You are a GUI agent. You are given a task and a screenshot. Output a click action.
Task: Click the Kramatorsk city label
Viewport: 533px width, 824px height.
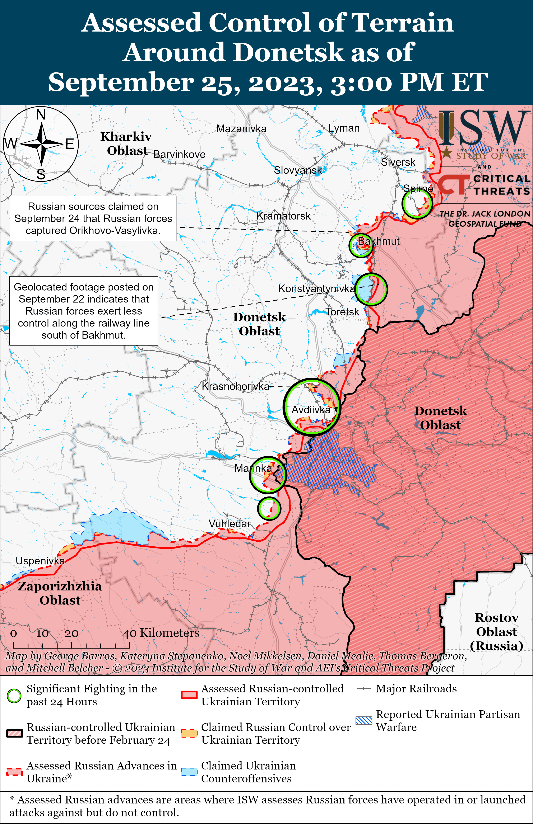(x=283, y=216)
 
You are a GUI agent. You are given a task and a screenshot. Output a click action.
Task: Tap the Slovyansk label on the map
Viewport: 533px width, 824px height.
(x=298, y=170)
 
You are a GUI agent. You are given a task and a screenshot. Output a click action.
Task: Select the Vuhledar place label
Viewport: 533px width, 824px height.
(x=230, y=523)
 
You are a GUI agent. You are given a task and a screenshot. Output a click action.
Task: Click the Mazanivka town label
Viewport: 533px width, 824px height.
(x=241, y=129)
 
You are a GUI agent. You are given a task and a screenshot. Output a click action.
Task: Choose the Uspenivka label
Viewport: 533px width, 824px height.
(x=40, y=561)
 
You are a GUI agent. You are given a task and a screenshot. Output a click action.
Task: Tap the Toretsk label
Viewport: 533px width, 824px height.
(x=342, y=312)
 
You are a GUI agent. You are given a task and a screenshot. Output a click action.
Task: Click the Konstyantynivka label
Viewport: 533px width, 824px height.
(x=316, y=288)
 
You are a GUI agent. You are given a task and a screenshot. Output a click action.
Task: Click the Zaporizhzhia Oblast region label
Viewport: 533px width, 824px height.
(x=60, y=593)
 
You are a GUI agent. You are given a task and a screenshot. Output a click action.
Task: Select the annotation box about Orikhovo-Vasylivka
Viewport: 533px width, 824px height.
(x=93, y=218)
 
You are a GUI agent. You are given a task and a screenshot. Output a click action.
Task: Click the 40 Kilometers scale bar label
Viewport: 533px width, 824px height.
(x=161, y=633)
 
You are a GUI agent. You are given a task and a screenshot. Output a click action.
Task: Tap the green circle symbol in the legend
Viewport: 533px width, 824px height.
(x=14, y=696)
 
